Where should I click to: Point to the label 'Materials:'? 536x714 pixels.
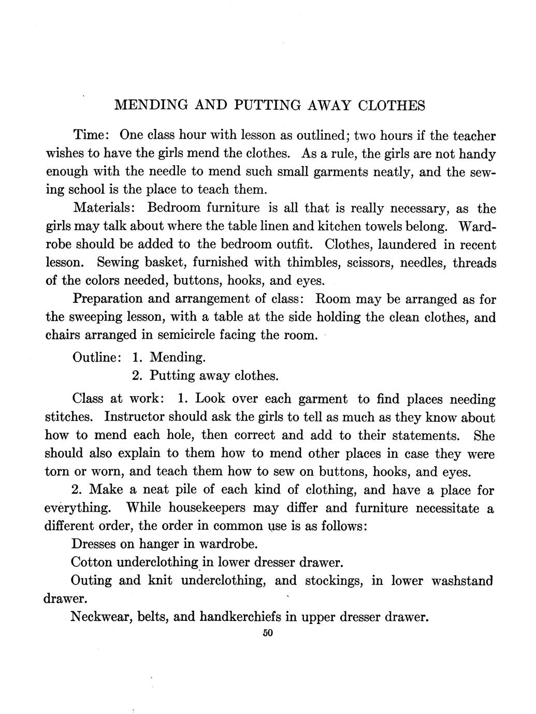click(104, 208)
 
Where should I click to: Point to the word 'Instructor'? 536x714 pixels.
click(134, 417)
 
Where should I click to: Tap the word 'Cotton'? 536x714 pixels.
click(91, 562)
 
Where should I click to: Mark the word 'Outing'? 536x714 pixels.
click(91, 580)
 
